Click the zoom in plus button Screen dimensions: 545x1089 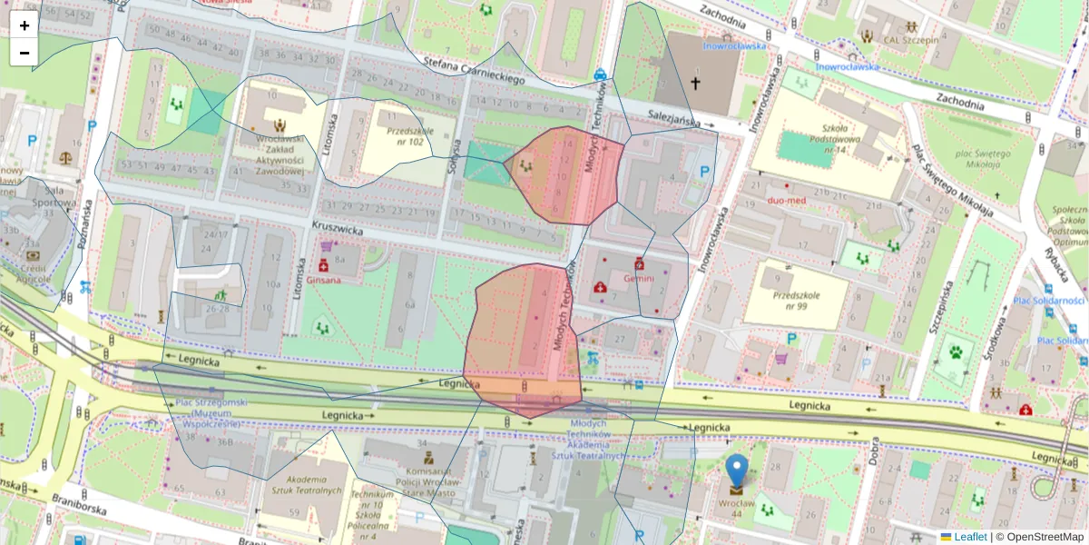[25, 25]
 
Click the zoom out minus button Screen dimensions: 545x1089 [25, 53]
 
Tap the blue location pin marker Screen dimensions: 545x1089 [737, 472]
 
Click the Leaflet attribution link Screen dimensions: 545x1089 [970, 537]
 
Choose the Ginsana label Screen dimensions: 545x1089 [323, 280]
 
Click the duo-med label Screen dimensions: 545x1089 [787, 200]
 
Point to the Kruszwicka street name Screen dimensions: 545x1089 [337, 232]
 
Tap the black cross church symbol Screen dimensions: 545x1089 [696, 84]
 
